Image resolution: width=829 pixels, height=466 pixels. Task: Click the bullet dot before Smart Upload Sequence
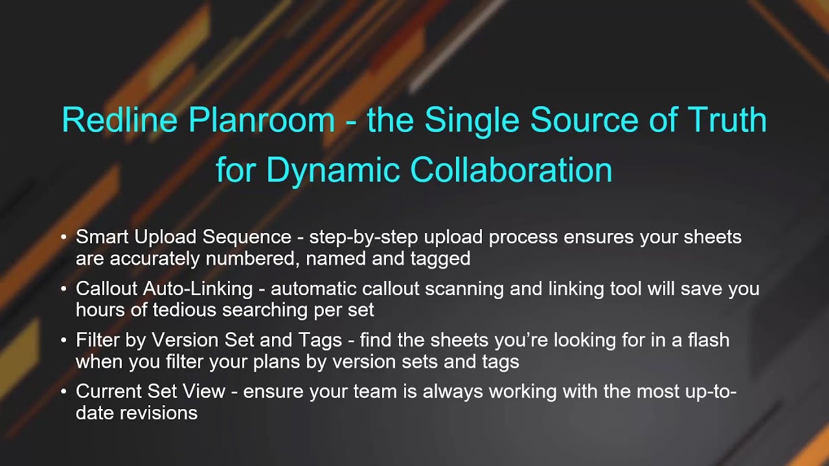63,238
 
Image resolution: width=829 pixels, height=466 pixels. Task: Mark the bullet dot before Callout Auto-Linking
63,289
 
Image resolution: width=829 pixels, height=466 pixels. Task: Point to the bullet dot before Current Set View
63,392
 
